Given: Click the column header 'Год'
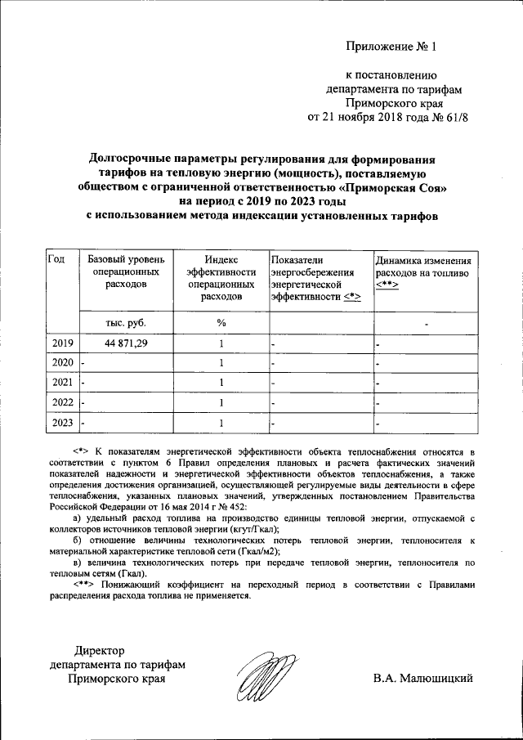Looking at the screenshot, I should click(x=56, y=259).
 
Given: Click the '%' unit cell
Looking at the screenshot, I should click(x=221, y=323).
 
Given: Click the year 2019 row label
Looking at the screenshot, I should click(x=62, y=343).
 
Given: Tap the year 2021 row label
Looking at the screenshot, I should click(x=62, y=382).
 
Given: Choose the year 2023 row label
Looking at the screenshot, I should click(x=62, y=423).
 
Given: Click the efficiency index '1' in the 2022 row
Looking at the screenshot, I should click(x=221, y=402).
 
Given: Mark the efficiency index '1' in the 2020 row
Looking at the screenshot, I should click(x=221, y=362).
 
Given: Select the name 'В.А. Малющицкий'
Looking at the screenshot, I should click(x=422, y=679).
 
